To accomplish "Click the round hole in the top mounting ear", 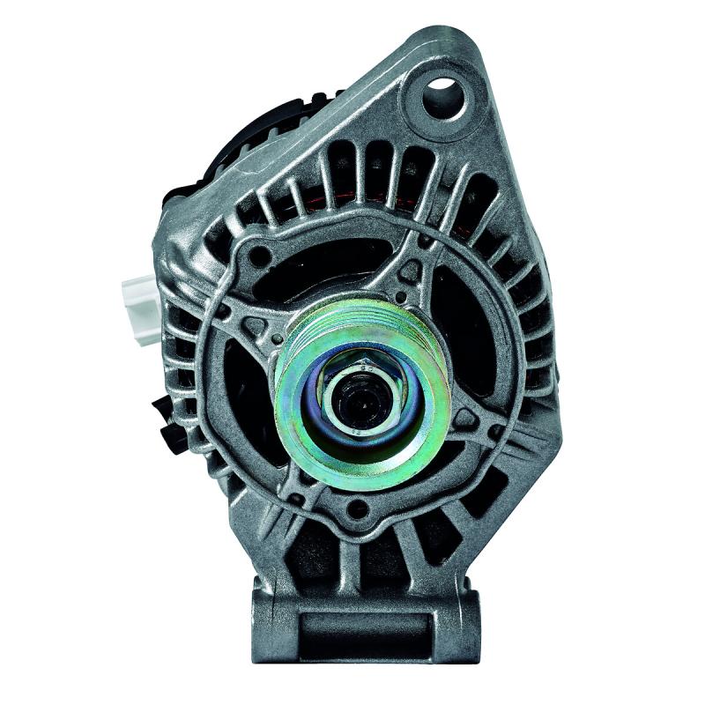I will tap(442, 97).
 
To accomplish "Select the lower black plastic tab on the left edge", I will tap(167, 421).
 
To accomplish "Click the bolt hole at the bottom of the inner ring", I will tap(357, 509).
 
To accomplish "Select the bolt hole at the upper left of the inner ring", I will tap(261, 257).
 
